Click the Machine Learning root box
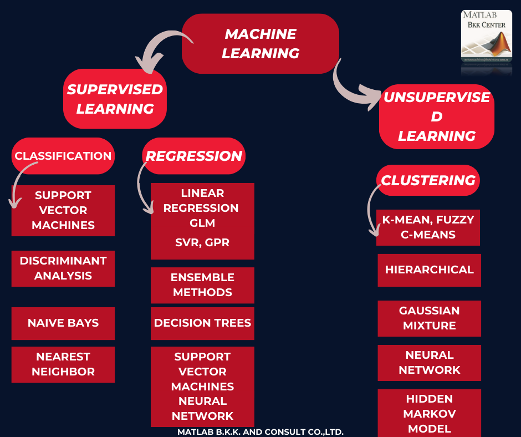(x=260, y=44)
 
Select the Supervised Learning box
(x=115, y=99)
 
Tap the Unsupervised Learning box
(x=437, y=116)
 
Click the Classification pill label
(x=63, y=156)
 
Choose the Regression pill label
(x=194, y=156)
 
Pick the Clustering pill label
(x=428, y=180)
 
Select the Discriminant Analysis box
(x=63, y=268)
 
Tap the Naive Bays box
(x=63, y=323)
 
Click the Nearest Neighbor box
(x=63, y=364)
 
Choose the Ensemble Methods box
(x=202, y=285)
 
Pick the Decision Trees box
(x=202, y=323)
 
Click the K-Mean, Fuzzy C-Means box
(x=428, y=227)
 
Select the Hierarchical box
(x=430, y=270)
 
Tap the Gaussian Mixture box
(x=430, y=318)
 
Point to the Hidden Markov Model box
(x=430, y=413)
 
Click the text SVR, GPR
(x=202, y=242)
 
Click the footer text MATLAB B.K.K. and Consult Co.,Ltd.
(x=260, y=431)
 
